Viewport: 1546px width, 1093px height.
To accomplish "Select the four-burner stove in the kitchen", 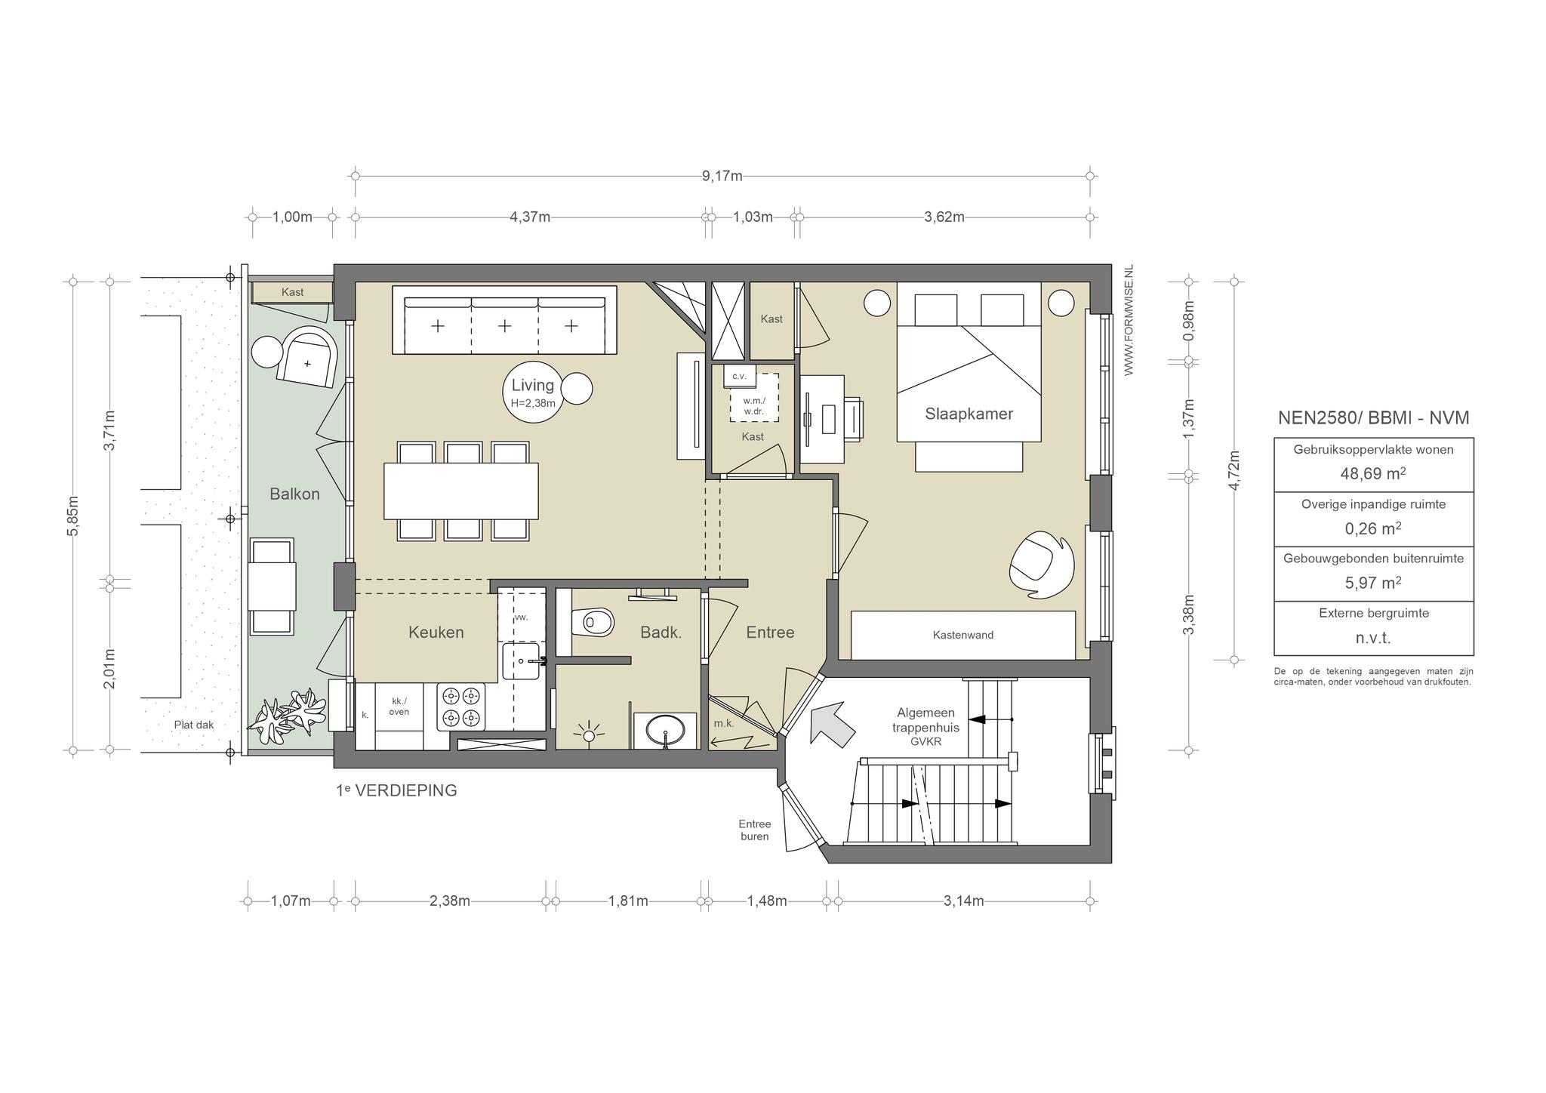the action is pos(462,707).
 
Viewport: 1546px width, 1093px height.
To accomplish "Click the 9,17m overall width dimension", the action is pos(722,176).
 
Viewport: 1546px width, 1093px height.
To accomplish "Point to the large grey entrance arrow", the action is pos(832,724).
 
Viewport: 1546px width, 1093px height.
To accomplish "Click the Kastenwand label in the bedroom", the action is pos(963,635).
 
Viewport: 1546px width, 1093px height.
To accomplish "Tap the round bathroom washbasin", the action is pos(665,731).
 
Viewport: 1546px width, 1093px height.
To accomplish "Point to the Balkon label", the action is pos(294,494).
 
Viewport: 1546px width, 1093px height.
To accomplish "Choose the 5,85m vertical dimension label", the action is pos(73,516).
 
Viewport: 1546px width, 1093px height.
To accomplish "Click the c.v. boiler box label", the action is pos(739,375).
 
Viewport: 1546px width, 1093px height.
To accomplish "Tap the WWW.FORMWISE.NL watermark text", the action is pos(1129,320).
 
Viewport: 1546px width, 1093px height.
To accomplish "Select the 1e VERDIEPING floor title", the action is pos(396,790).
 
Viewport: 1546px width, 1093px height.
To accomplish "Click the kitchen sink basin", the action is pos(521,661).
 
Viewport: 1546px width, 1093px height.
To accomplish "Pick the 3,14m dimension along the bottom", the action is pos(963,901).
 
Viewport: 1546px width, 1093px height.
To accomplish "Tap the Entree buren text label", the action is pos(755,830).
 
